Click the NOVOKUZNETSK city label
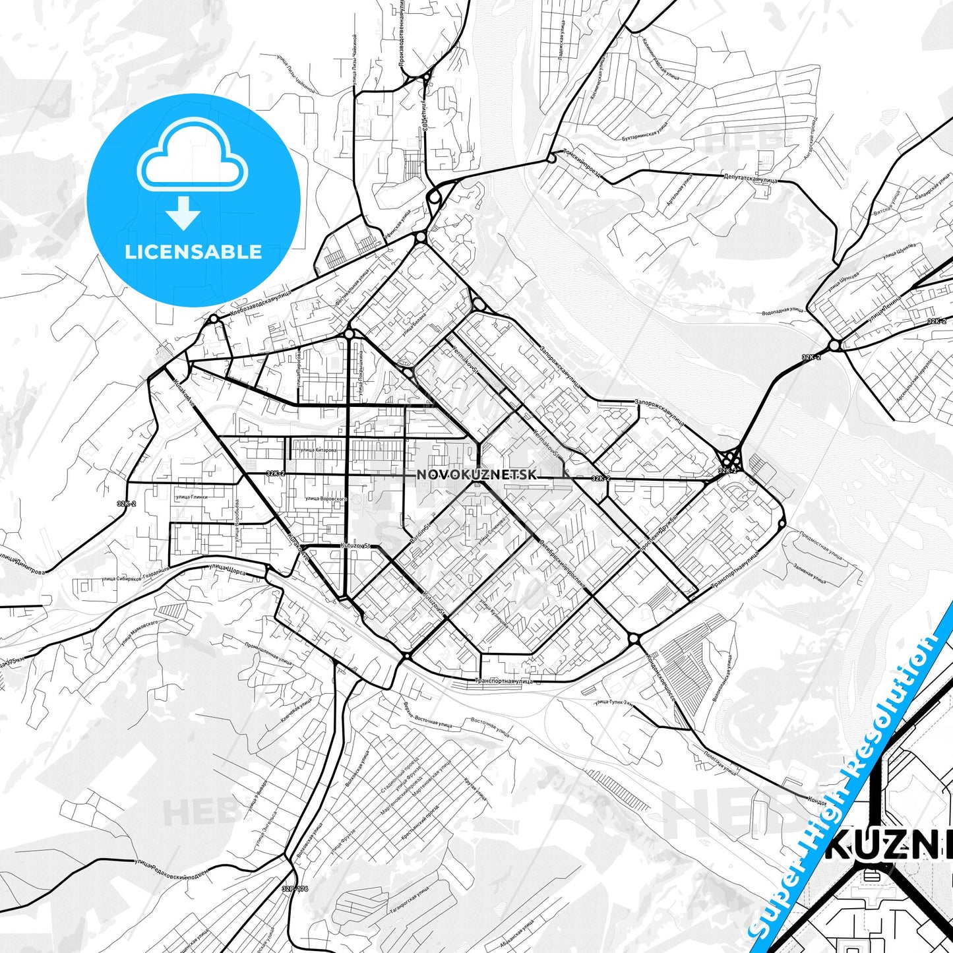tap(477, 475)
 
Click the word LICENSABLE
tap(193, 251)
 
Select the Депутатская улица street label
tap(751, 178)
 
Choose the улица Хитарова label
tap(318, 450)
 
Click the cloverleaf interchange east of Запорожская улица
tap(729, 457)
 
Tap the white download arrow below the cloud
tap(183, 212)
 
